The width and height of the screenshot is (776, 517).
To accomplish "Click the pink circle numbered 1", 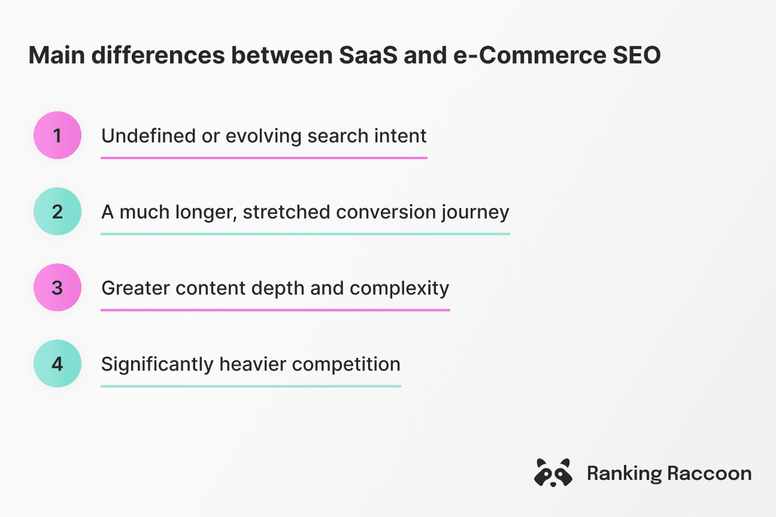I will click(57, 135).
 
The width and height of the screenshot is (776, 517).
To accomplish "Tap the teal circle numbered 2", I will click(57, 212).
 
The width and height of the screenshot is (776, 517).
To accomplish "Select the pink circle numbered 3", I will click(57, 288).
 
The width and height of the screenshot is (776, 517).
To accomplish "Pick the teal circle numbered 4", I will click(57, 364).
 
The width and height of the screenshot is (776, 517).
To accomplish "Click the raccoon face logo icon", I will click(552, 473).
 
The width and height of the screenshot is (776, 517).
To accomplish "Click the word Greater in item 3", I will click(129, 288).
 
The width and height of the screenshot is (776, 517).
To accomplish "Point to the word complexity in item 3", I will click(399, 288).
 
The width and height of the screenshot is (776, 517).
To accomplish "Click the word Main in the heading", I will click(52, 56).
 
